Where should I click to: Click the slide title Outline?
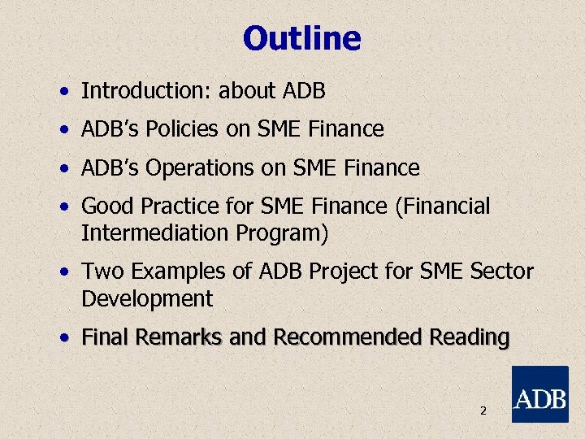pos(301,38)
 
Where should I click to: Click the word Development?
pos(146,298)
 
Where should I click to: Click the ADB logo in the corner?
pos(539,394)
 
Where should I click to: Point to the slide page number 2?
pos(483,411)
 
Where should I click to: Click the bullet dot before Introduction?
pos(63,92)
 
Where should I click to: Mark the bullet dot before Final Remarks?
pos(63,337)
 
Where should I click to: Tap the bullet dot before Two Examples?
pos(63,272)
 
